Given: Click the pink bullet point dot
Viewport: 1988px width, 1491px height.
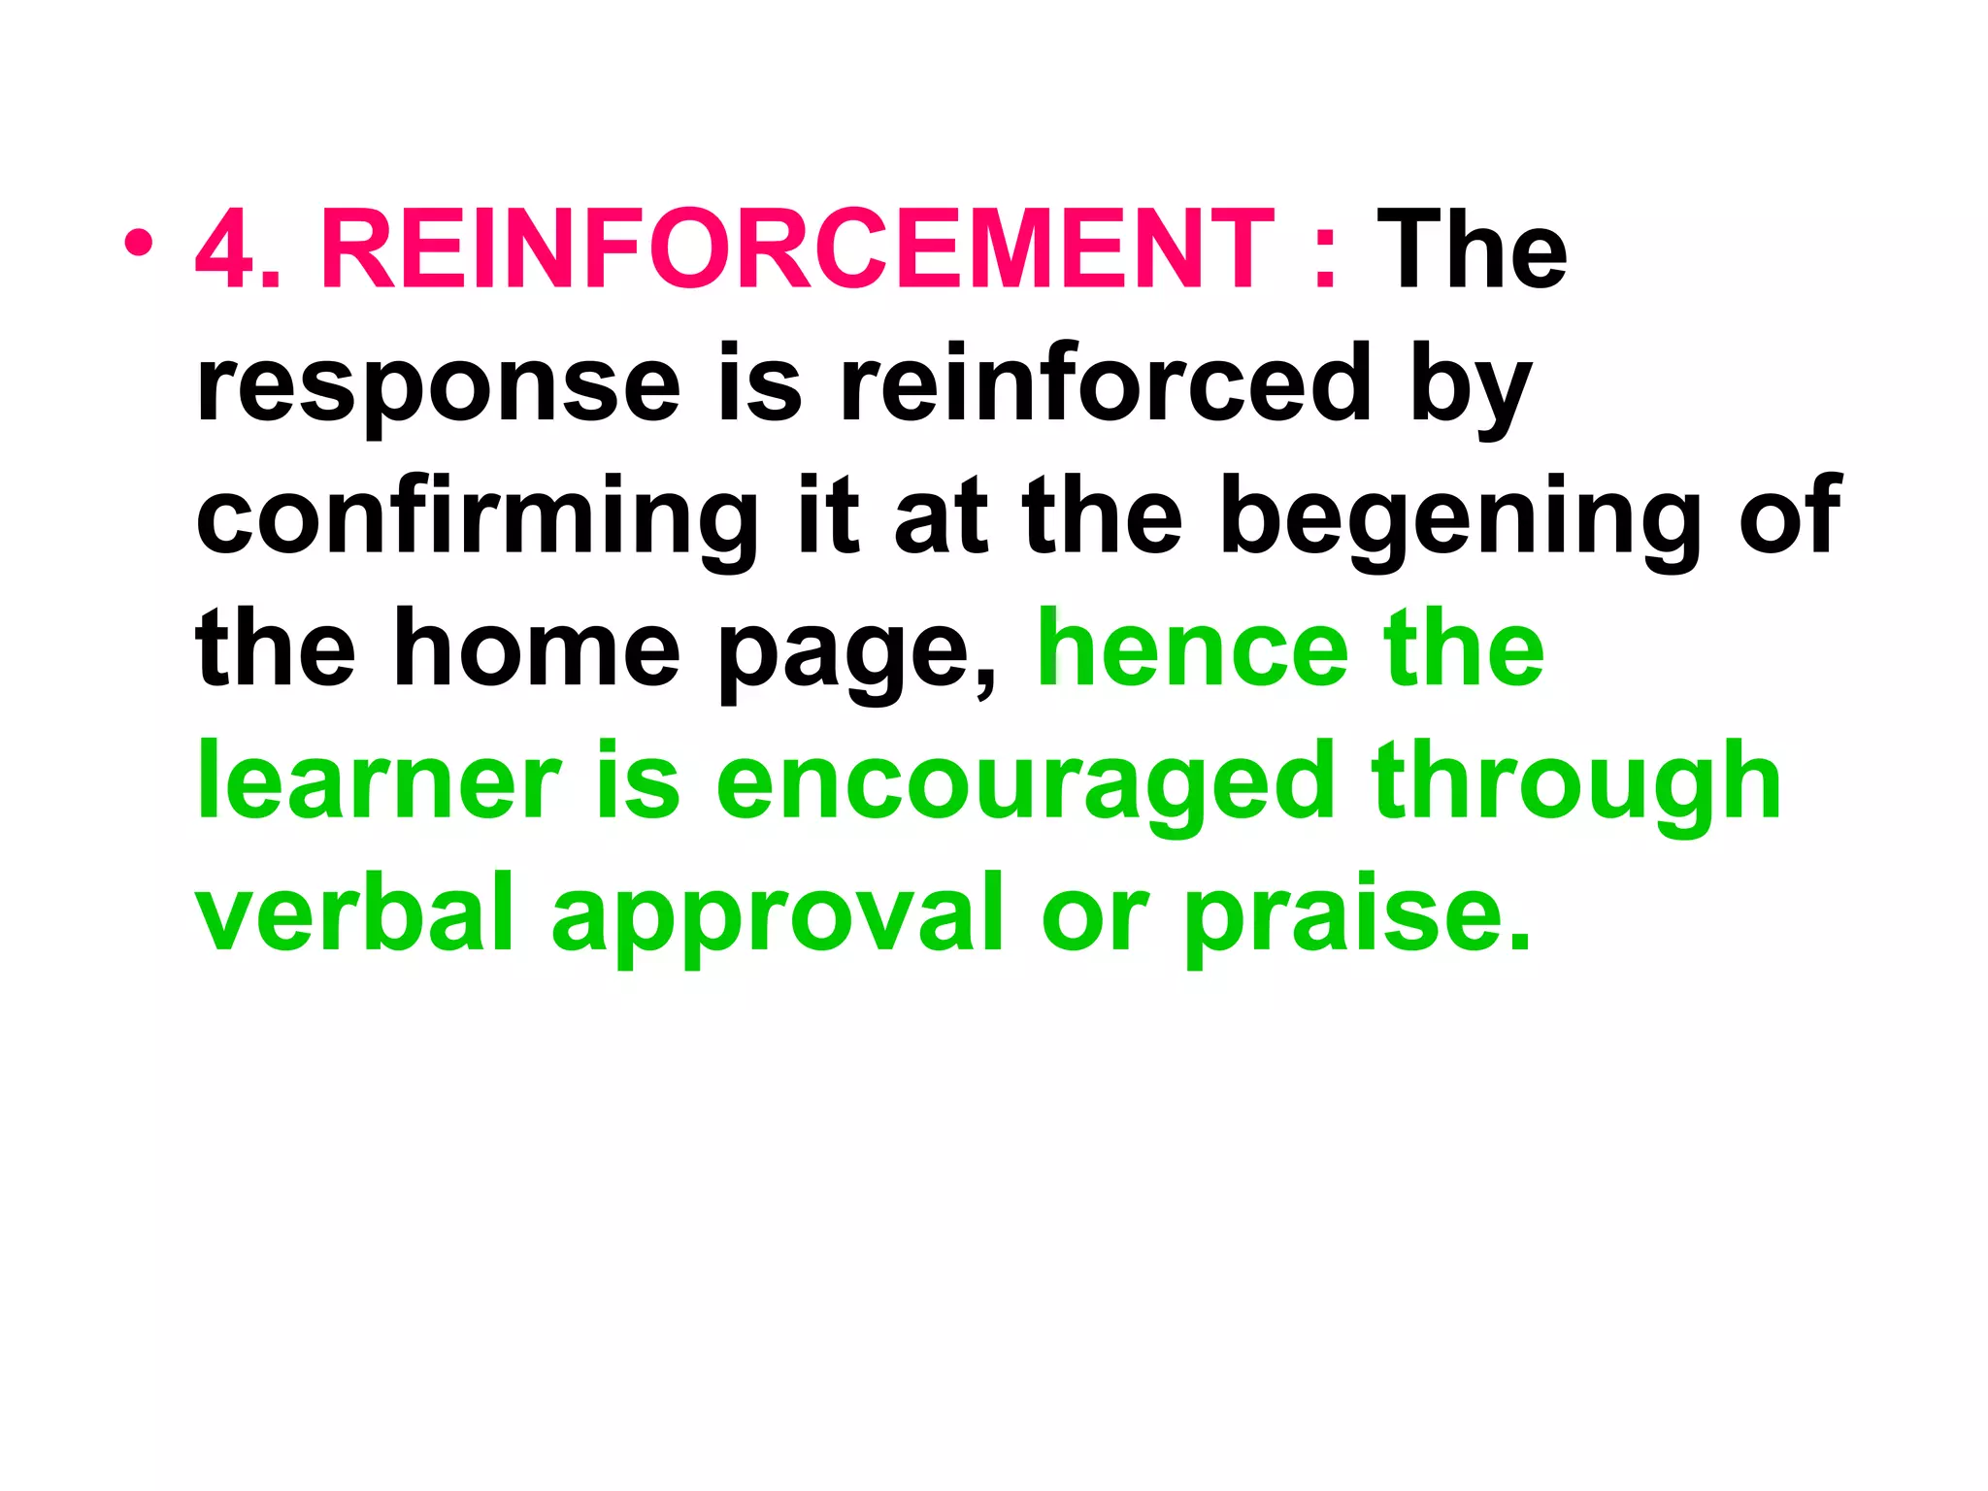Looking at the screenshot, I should (138, 244).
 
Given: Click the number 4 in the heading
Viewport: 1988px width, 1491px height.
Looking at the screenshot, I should (225, 251).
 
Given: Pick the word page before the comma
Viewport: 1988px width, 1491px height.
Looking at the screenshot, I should (854, 655).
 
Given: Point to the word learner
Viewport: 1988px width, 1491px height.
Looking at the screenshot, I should (379, 781).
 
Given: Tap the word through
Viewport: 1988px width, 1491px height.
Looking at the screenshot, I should (1577, 781).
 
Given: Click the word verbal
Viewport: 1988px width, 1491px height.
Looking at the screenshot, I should (355, 912).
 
